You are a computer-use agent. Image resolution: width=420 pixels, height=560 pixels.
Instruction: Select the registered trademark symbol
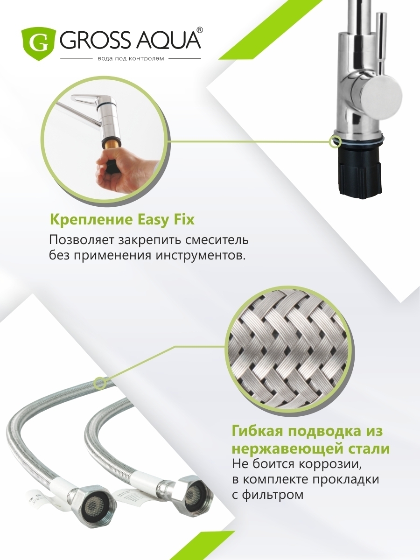[201, 30]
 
